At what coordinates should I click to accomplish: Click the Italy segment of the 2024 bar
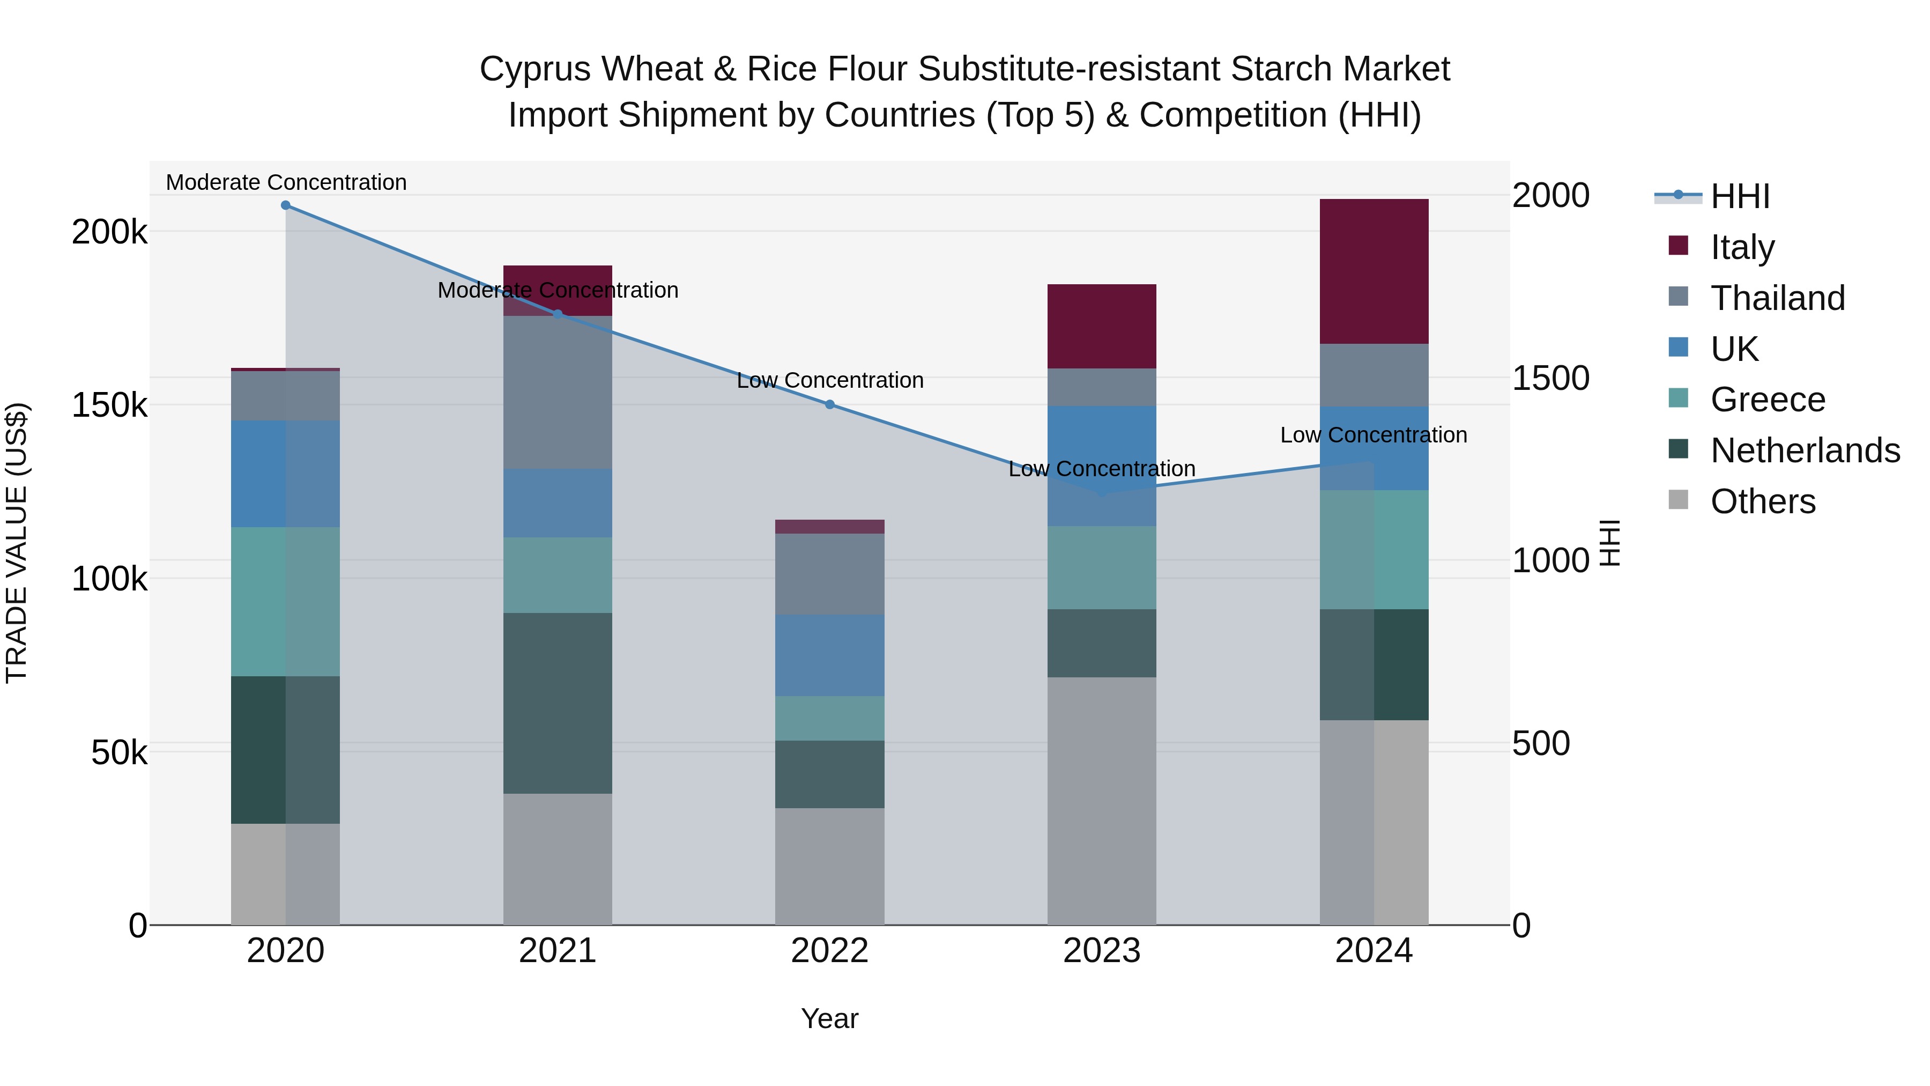click(x=1374, y=271)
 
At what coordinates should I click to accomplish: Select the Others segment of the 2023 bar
click(x=1101, y=801)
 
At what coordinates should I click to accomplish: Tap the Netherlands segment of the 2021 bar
click(x=558, y=703)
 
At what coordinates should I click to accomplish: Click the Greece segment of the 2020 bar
click(x=285, y=601)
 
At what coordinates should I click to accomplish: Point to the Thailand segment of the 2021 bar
click(x=558, y=392)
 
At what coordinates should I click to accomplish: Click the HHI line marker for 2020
click(x=285, y=205)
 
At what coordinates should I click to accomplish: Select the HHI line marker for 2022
click(x=829, y=405)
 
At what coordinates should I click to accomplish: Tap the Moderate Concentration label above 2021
click(x=558, y=290)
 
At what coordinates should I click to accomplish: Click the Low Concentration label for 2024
click(x=1374, y=435)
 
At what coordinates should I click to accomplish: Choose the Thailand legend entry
click(x=1777, y=298)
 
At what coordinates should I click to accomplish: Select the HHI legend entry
click(x=1740, y=196)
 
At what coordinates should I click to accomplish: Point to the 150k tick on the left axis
click(x=109, y=405)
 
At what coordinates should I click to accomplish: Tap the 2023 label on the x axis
click(x=1101, y=951)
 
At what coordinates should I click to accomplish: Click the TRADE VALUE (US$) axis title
click(x=17, y=543)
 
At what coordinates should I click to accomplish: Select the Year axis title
click(x=829, y=1018)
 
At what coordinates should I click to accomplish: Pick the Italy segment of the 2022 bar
click(x=829, y=526)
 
